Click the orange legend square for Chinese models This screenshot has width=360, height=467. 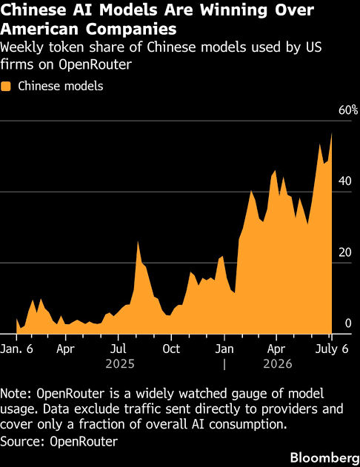[x=6, y=87]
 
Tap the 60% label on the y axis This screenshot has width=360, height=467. [x=348, y=110]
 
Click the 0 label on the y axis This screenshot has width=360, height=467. [x=348, y=323]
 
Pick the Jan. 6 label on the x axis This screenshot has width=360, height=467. [x=17, y=349]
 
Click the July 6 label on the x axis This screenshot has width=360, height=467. [x=332, y=349]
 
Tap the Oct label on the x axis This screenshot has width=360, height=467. [x=171, y=349]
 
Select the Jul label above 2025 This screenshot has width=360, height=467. [x=119, y=349]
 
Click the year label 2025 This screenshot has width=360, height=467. [x=120, y=364]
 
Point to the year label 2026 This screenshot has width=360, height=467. [x=278, y=364]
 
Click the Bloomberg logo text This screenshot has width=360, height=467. [x=325, y=457]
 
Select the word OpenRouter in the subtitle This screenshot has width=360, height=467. [x=95, y=64]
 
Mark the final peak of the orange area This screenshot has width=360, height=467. [x=332, y=133]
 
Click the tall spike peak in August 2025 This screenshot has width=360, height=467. [x=138, y=241]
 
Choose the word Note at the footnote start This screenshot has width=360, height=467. [x=16, y=394]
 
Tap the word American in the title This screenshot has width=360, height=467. [x=40, y=29]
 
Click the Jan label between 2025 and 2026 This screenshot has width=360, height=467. [x=224, y=349]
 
